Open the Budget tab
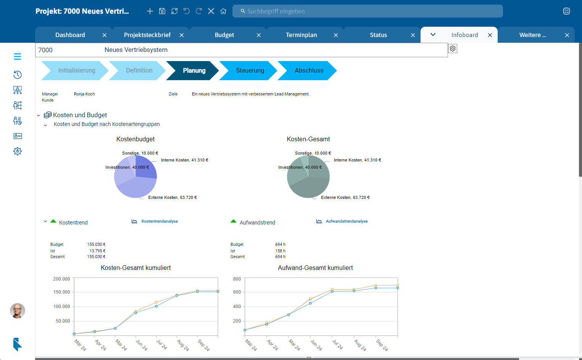coord(224,35)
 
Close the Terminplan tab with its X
coord(336,35)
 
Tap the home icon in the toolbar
coord(223,11)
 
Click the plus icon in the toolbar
coord(150,11)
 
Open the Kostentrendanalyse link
coord(160,221)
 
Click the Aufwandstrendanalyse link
coord(347,221)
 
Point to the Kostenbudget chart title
coord(135,139)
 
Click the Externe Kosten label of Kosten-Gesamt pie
coord(345,198)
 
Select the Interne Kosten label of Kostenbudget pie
coord(184,160)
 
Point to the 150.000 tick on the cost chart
coord(61,292)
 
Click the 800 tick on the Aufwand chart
coord(237,279)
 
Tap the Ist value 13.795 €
coord(97,251)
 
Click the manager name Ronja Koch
coord(84,94)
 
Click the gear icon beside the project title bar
coord(453,48)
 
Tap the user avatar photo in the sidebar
coord(18,311)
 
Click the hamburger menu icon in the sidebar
coord(18,57)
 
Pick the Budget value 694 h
coord(280,244)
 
